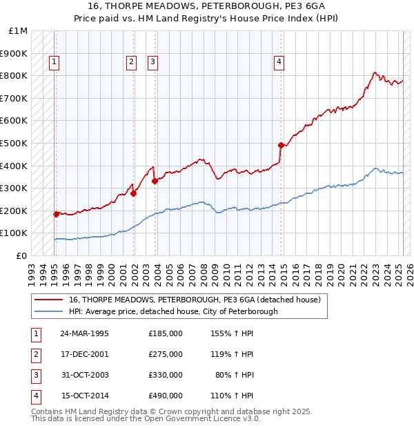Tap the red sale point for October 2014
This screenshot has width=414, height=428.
point(281,145)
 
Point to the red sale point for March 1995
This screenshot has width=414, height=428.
point(56,214)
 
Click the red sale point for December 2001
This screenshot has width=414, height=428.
point(133,194)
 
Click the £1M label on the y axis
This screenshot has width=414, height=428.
point(19,31)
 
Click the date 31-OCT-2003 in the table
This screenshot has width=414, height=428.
point(84,376)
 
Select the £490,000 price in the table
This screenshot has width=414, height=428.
point(166,396)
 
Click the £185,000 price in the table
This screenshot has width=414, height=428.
point(166,333)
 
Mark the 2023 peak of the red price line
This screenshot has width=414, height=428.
point(374,72)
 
